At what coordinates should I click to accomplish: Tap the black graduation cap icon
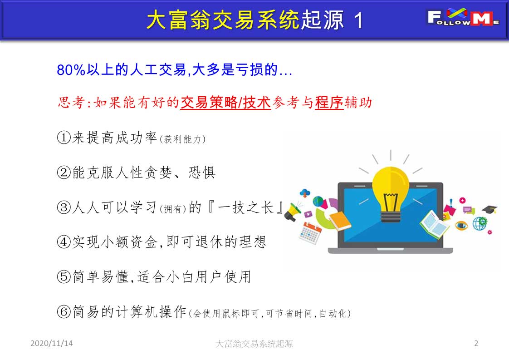[489, 209]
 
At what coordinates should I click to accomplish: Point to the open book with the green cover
[435, 224]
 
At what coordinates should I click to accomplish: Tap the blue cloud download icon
[305, 193]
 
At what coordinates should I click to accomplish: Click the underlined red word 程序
[329, 103]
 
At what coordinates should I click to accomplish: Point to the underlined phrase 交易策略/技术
[225, 103]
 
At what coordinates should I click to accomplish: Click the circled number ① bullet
[64, 137]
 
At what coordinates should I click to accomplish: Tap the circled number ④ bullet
[64, 242]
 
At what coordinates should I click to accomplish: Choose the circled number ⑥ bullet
[64, 311]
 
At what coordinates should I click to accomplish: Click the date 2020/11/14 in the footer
[52, 343]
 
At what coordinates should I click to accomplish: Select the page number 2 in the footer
[476, 343]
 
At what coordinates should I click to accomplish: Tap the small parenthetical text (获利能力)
[183, 139]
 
